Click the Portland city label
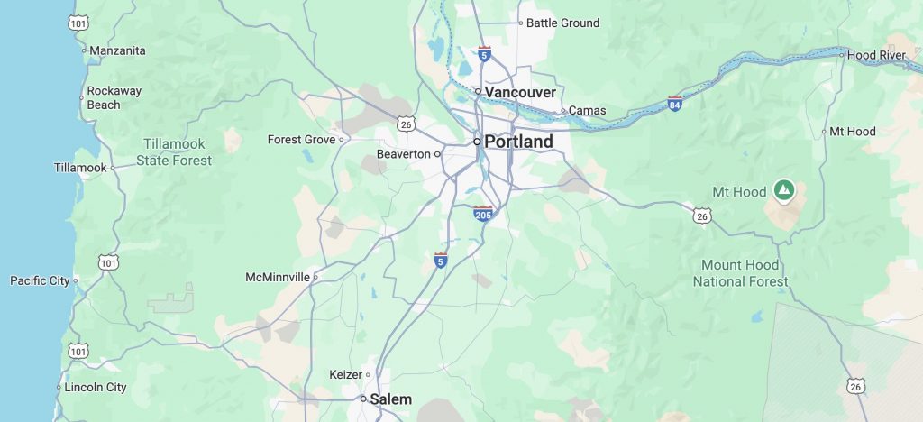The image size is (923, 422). pos(518,142)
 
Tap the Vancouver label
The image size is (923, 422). pos(520,92)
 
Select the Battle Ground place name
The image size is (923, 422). pos(562,23)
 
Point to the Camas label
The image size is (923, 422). pos(588,111)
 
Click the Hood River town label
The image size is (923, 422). pos(877,55)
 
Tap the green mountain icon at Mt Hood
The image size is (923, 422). pos(784,190)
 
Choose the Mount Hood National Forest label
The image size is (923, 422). pos(740,273)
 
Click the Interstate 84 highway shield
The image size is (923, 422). pos(675,103)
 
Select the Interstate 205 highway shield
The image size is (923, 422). pos(483,214)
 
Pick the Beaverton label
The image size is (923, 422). pos(403,154)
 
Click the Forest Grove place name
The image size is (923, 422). pos(301,140)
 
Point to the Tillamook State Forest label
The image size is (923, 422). pos(174,152)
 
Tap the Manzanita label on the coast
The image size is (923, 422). pos(117,50)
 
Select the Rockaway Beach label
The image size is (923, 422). pos(115,97)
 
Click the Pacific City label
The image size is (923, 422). pos(40,280)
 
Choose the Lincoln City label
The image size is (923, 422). pos(96,388)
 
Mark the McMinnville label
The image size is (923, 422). pos(278,277)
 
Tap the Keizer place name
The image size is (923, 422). pos(345,374)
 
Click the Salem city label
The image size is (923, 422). pos(391,399)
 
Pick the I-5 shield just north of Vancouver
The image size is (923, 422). pos(484,54)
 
